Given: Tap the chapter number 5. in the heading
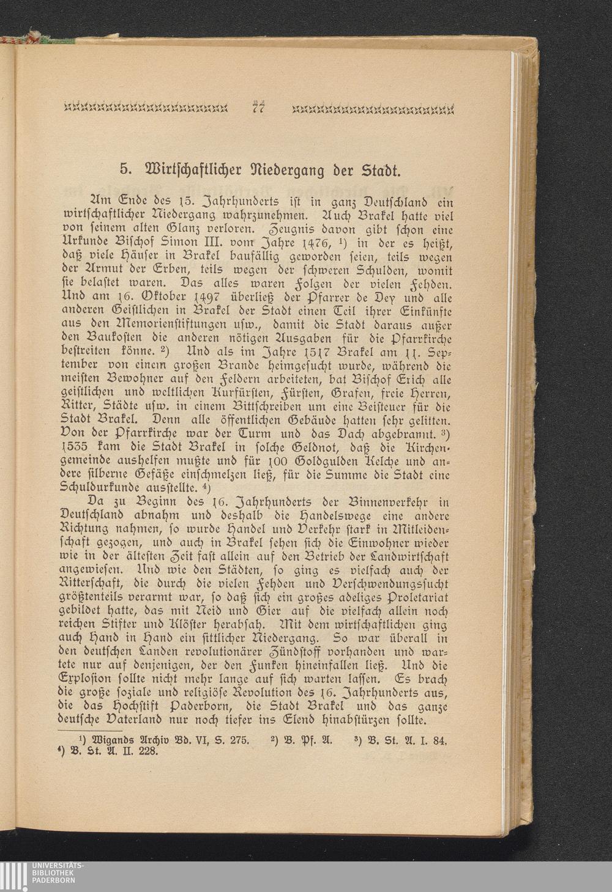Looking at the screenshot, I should [x=125, y=168].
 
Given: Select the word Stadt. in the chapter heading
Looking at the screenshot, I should [x=378, y=168].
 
